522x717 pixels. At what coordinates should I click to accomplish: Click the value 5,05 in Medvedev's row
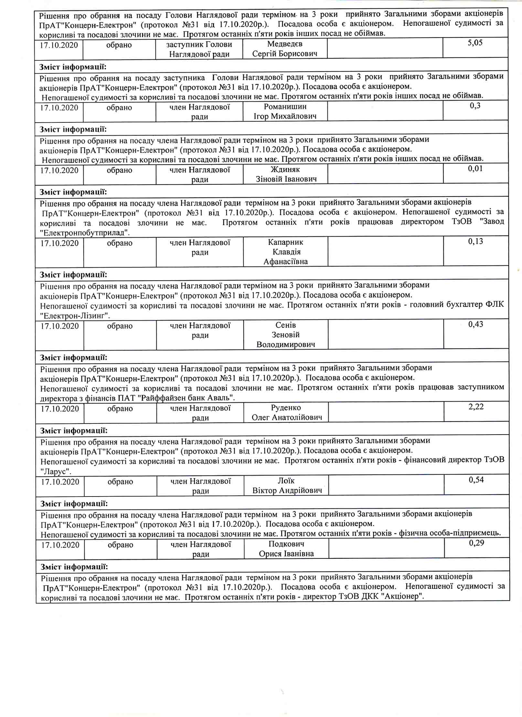pos(475,43)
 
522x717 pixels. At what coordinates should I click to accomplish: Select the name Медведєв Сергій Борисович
pos(284,49)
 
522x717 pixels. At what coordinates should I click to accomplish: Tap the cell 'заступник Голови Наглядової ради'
pos(199,49)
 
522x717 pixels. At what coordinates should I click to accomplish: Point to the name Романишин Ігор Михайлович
pos(285,111)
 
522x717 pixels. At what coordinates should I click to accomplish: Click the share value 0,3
pos(475,106)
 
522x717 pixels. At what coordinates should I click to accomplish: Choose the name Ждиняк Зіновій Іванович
pos(286,174)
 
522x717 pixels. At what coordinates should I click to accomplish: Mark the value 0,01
pos(475,169)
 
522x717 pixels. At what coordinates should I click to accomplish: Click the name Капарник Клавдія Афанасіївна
pos(286,252)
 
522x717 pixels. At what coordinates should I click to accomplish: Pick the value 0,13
pos(475,241)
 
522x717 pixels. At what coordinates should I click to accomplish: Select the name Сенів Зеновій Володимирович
pos(286,335)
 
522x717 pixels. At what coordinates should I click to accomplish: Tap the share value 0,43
pos(476,324)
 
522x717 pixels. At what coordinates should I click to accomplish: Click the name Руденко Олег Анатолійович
pos(286,413)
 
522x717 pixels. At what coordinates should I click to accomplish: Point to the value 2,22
pos(476,407)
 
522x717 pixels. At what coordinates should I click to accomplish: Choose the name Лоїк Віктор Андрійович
pos(287,486)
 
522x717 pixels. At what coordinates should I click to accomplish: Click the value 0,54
pos(476,480)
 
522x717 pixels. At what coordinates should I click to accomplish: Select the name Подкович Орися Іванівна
pos(286,549)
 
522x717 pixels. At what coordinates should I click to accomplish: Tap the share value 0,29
pos(476,543)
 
